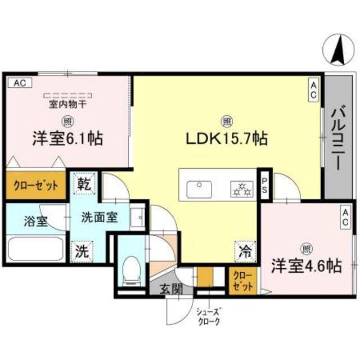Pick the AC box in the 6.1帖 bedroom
coord(20,83)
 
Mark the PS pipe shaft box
coord(264,185)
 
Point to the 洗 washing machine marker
coord(83,251)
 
